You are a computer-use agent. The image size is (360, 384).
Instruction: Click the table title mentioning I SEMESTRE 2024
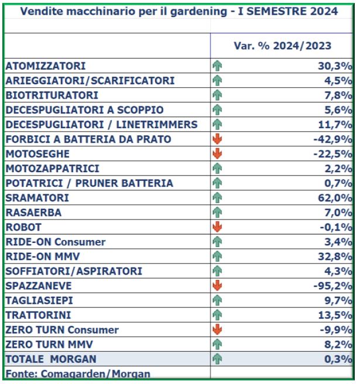179,11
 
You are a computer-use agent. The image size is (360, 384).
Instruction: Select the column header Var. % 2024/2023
282,46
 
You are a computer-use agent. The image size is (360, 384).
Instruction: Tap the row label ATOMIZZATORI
46,66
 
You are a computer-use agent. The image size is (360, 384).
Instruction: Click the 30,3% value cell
335,66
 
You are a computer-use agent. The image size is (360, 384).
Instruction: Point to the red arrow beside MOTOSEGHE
217,154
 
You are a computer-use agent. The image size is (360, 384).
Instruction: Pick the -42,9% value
333,139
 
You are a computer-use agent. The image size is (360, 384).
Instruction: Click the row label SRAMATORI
37,198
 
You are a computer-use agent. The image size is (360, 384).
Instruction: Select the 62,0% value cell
335,198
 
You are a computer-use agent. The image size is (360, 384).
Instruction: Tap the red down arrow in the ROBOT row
217,227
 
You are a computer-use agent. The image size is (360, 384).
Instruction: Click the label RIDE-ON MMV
43,256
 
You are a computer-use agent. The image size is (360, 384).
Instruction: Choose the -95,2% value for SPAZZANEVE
333,286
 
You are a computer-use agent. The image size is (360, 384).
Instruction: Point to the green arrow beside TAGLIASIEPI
217,300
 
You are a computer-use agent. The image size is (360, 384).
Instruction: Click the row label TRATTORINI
38,315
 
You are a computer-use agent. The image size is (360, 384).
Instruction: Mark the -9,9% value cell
336,330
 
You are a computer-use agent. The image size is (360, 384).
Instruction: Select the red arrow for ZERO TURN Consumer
217,330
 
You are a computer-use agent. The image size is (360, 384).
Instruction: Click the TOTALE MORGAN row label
51,359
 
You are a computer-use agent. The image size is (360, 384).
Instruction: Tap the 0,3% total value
338,359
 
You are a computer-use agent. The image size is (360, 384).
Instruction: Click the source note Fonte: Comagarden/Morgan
78,374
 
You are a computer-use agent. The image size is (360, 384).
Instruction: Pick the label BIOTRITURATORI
52,95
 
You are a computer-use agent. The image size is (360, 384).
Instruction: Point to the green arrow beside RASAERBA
217,212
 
